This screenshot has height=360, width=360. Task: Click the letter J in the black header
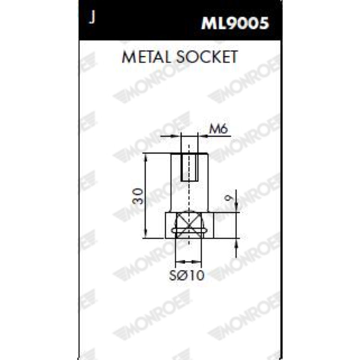coord(92,18)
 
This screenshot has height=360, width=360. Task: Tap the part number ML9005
coord(235,23)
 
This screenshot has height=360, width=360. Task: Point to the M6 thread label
coord(218,129)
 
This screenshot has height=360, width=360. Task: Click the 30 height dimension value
coord(138,196)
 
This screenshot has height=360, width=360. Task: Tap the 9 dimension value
coord(229,198)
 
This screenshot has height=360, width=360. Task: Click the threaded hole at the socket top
coord(189,167)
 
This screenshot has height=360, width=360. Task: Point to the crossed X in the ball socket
coord(189,225)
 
